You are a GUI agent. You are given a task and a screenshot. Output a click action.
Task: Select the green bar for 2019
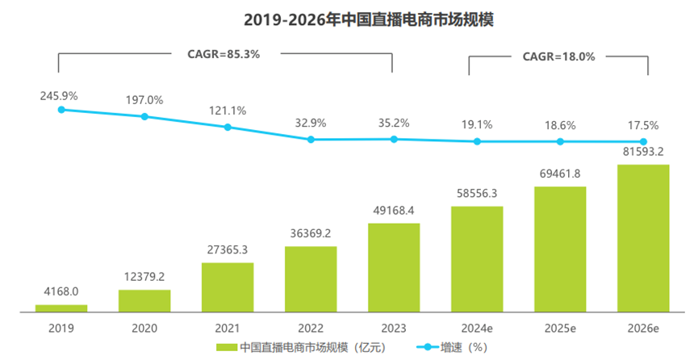click(61, 308)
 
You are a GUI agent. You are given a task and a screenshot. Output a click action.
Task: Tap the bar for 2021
click(228, 287)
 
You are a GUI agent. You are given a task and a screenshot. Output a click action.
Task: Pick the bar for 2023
click(394, 267)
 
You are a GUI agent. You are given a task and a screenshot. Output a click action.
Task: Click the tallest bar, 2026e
click(643, 238)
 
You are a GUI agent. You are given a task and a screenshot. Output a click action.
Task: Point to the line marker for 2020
click(144, 116)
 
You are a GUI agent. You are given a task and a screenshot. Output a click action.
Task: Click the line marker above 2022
click(311, 140)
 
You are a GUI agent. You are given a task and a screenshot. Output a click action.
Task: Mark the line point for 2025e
click(560, 141)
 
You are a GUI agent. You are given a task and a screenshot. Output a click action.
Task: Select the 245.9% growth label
click(59, 95)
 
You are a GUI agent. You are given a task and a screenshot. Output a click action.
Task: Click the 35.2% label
click(394, 123)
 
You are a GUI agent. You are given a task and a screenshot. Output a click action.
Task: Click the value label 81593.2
click(643, 151)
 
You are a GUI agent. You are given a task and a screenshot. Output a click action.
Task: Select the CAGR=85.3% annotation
click(217, 54)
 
